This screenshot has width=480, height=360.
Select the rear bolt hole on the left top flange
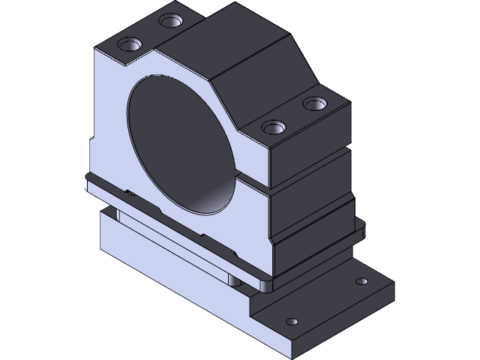pos(173,20)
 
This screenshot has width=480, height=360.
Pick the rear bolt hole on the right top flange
pos(312,101)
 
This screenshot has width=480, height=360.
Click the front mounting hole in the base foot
pos(292,322)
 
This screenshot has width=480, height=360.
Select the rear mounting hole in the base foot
pos(361,282)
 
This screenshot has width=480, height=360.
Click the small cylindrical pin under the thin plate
pos(235,280)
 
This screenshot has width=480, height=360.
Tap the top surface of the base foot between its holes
pos(330,300)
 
